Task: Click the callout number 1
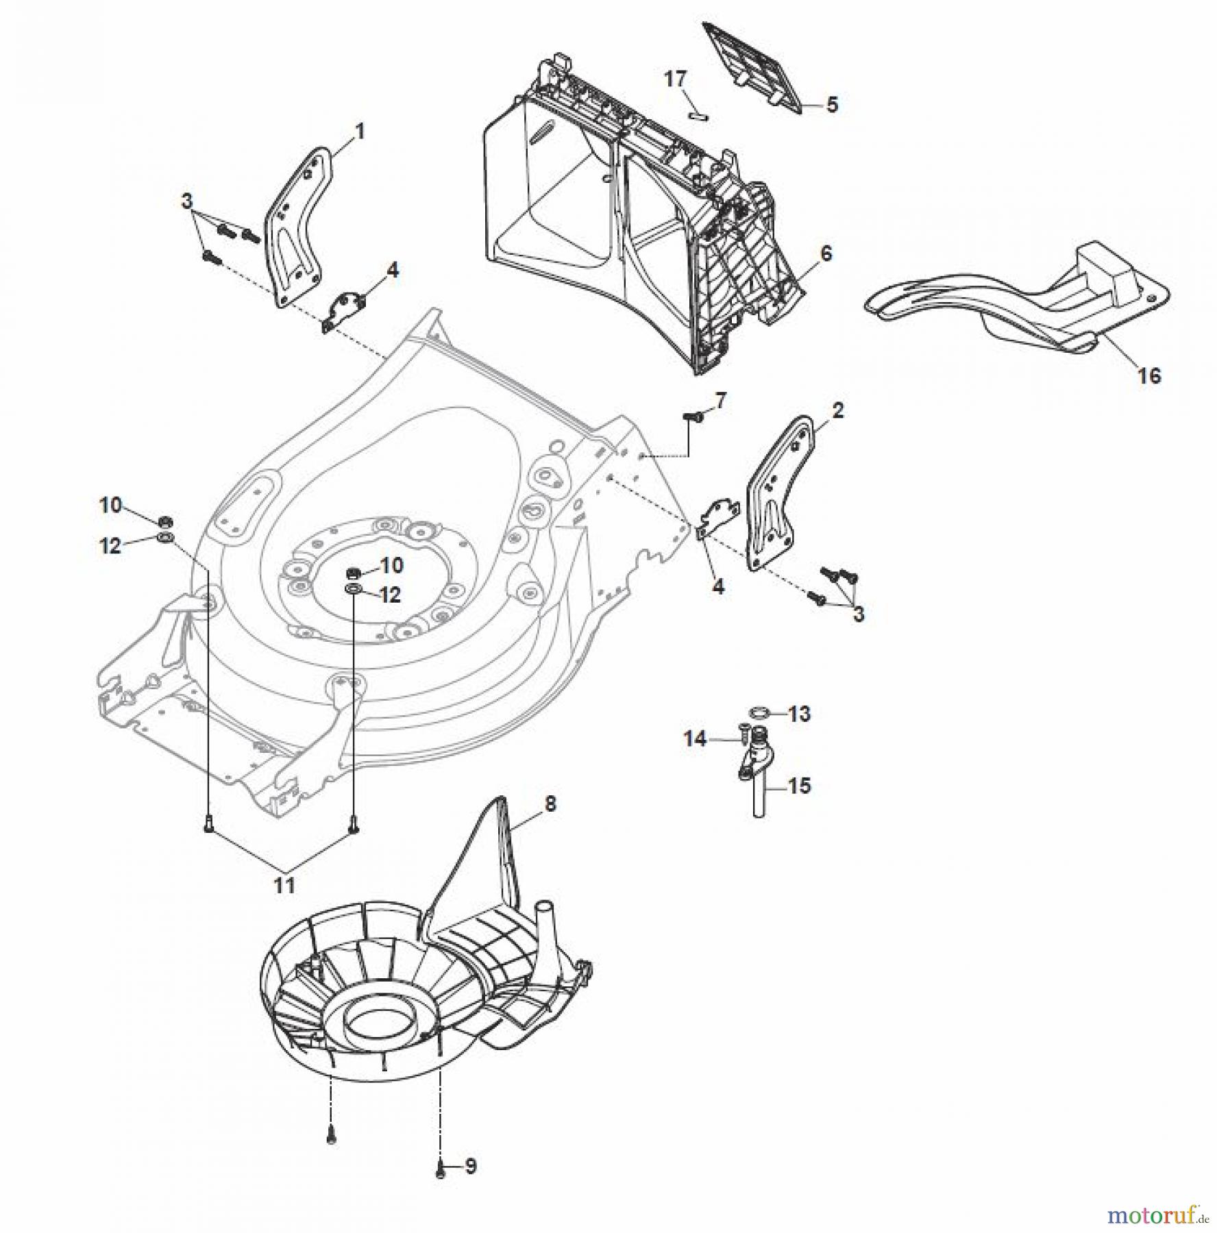click(x=359, y=131)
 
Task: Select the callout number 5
click(x=831, y=105)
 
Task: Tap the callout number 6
click(x=826, y=254)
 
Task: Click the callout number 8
click(x=550, y=803)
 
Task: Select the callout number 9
click(x=470, y=1167)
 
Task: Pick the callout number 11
click(x=284, y=884)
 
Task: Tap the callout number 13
click(x=799, y=714)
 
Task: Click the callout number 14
click(x=695, y=739)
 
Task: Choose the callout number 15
click(x=799, y=786)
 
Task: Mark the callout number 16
click(x=1149, y=375)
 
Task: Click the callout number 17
click(x=675, y=79)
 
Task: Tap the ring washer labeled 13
click(x=759, y=714)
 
